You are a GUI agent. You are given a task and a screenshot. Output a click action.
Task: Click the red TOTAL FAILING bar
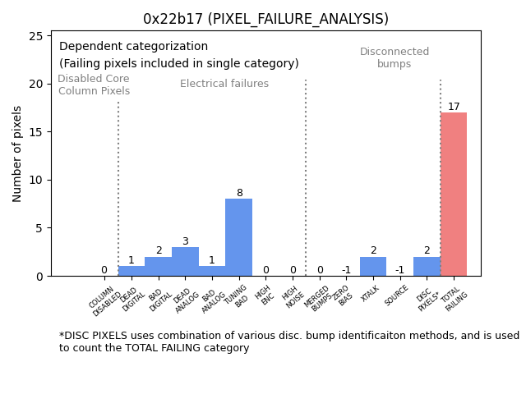454,195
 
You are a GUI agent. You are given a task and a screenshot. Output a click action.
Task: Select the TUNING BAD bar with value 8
238,237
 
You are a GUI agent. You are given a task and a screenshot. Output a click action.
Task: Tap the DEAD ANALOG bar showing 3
185,261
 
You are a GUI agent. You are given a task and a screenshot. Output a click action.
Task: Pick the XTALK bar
373,266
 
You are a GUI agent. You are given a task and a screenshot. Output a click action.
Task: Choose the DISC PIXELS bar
427,266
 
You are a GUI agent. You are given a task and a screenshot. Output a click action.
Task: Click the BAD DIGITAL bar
158,266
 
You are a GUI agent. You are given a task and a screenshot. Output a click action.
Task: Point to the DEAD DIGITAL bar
131,271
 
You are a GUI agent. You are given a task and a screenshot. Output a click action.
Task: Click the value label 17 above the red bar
454,107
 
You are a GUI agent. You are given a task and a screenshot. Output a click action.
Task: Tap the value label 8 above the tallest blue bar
239,193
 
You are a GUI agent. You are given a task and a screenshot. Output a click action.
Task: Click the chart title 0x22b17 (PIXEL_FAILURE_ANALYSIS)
265,19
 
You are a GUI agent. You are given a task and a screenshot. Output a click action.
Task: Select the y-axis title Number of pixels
17,153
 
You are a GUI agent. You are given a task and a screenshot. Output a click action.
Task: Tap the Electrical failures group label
224,84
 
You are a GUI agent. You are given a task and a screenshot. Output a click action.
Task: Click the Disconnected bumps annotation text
394,57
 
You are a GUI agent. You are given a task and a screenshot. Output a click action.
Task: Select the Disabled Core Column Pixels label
94,85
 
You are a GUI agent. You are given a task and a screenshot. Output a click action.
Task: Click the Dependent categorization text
133,47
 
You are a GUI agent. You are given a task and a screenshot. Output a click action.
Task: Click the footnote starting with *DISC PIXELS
288,341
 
